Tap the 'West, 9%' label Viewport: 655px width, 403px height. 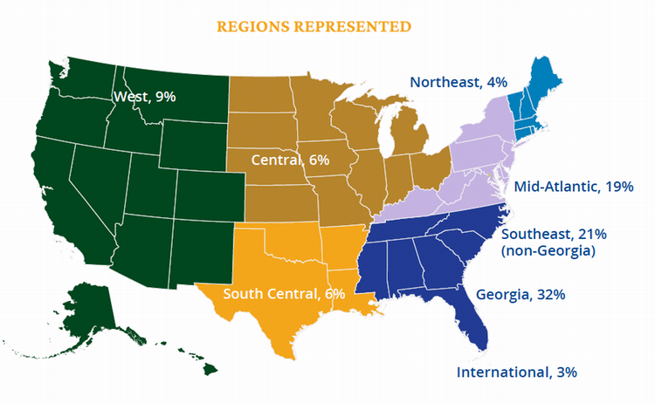145,96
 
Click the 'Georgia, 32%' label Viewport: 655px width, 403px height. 521,294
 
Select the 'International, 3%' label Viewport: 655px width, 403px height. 517,372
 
